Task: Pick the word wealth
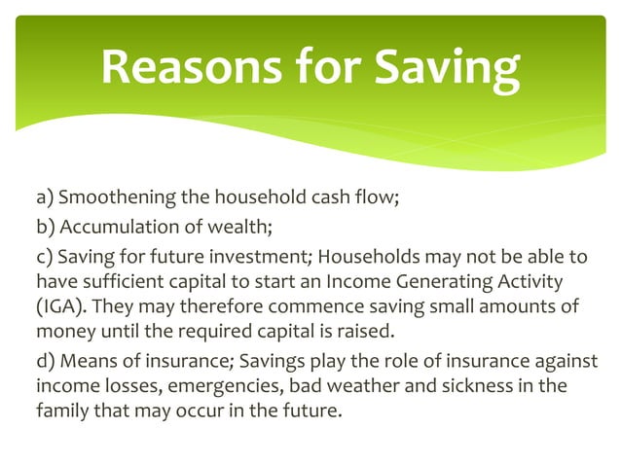238,229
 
